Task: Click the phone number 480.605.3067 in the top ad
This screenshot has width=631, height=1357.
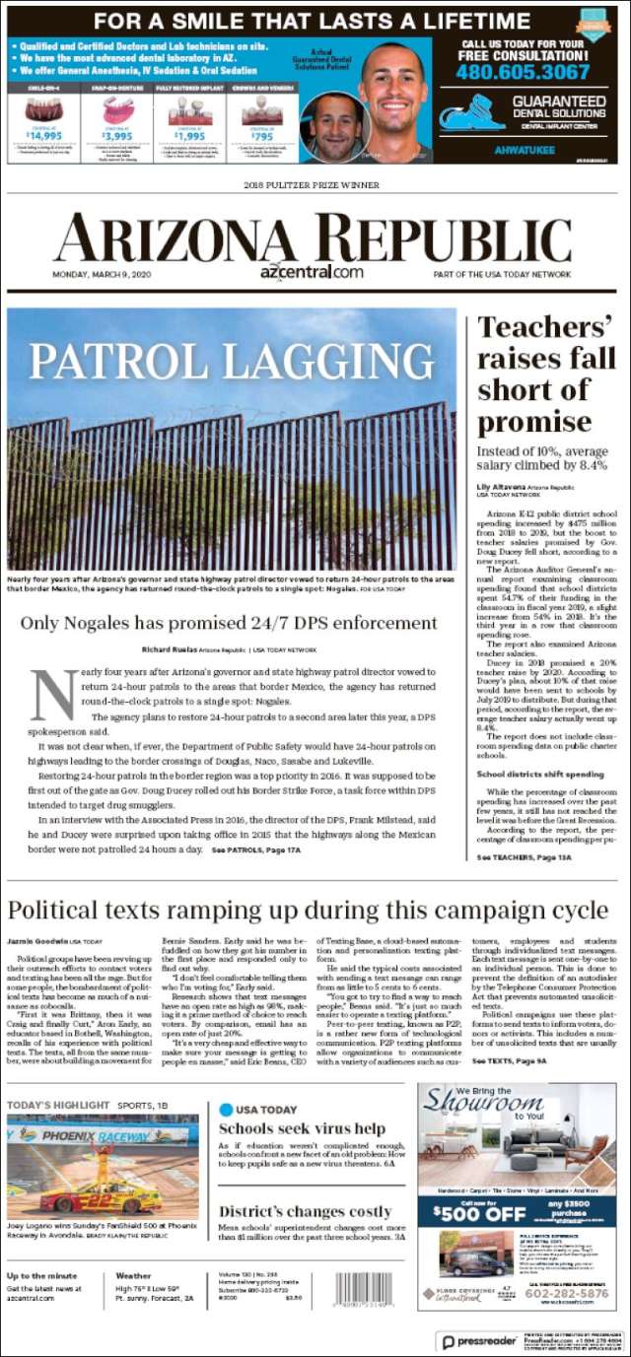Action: click(524, 72)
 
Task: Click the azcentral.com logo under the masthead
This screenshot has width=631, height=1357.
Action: click(312, 272)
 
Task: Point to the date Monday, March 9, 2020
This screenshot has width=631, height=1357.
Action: click(103, 274)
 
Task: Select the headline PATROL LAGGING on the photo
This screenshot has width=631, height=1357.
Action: click(232, 362)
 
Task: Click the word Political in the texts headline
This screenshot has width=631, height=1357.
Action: click(61, 910)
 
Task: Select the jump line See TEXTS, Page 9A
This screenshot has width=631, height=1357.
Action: click(510, 1060)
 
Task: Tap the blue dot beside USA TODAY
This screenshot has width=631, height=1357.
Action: click(226, 1110)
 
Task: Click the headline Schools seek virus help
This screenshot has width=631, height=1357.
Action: click(301, 1128)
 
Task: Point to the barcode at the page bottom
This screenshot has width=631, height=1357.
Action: click(364, 1289)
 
